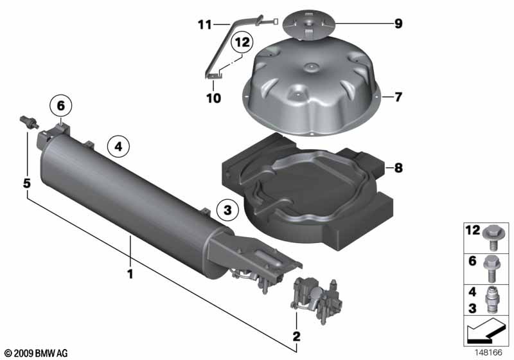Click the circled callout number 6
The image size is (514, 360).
pos(61,106)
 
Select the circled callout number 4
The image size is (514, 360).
pos(118,146)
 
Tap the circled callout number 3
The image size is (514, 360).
pos(228,210)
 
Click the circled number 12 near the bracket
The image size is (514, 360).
pos(242,42)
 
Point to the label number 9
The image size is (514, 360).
pos(398,24)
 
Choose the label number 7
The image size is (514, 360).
pos(398,97)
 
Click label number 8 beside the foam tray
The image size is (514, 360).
pos(398,168)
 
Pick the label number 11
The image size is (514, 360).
pos(204,25)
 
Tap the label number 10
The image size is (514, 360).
pos(214,98)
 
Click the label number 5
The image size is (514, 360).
pos(27,183)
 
